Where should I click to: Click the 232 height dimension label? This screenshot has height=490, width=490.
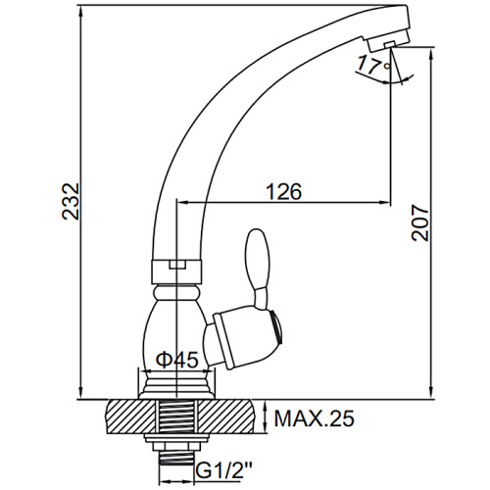click(71, 201)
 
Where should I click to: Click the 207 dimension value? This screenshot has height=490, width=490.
click(420, 223)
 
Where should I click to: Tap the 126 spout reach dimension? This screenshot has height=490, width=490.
click(284, 191)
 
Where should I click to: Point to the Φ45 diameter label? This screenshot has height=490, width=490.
click(177, 360)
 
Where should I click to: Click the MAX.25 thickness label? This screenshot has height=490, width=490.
click(314, 418)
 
